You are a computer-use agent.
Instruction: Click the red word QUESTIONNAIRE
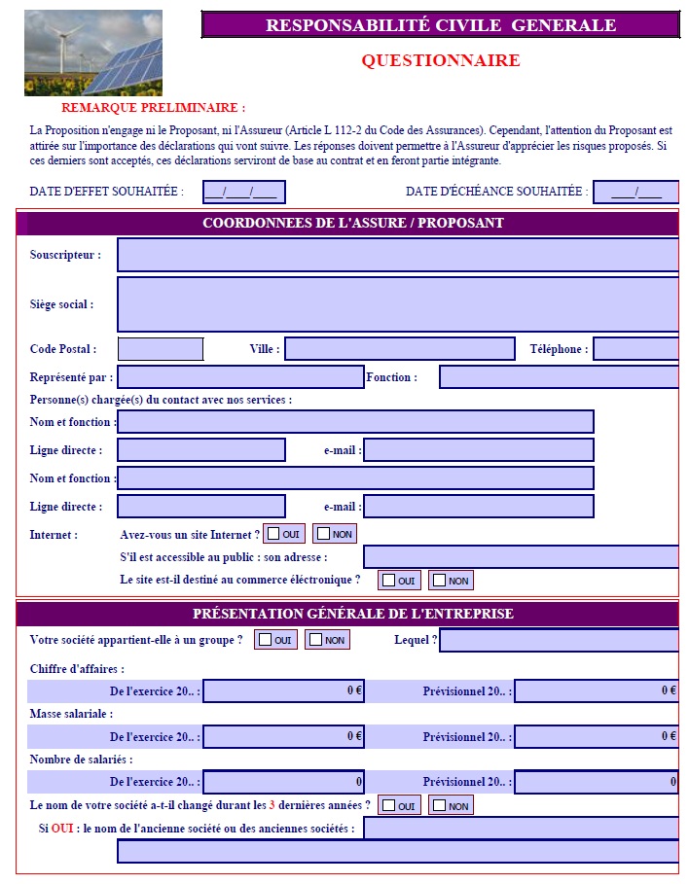click(x=440, y=61)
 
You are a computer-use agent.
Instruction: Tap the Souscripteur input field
click(x=397, y=255)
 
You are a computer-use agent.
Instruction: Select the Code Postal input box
click(x=161, y=349)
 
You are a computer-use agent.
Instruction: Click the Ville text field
click(x=399, y=349)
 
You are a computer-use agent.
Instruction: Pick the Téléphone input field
click(x=635, y=349)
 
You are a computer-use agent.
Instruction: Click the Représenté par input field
click(x=240, y=377)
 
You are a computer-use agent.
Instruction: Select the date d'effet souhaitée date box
click(x=244, y=193)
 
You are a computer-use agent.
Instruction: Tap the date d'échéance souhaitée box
click(x=635, y=193)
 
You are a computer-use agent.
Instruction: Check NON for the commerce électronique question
click(x=440, y=581)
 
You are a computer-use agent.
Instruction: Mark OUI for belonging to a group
click(x=266, y=640)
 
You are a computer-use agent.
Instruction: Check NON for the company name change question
click(x=440, y=806)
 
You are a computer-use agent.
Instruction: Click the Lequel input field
click(x=559, y=641)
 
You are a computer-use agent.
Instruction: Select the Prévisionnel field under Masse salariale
click(x=596, y=737)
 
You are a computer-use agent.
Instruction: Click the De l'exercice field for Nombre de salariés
click(x=283, y=782)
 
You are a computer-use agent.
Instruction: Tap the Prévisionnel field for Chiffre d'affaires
click(x=596, y=691)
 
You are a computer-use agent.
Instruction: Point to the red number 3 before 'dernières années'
click(x=272, y=805)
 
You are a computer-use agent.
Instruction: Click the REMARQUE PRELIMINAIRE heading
click(x=153, y=108)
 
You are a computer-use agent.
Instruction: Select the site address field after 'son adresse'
click(x=521, y=557)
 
